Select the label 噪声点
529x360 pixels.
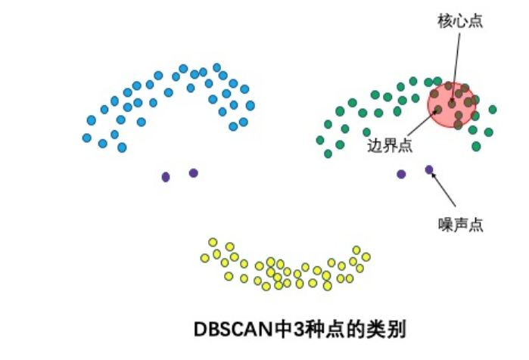pos(461,224)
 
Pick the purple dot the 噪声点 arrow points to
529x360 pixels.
pos(429,169)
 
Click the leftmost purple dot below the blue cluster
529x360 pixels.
pos(166,176)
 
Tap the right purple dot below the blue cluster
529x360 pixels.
pos(194,172)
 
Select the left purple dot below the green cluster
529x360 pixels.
pos(401,174)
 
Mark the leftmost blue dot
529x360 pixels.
pos(87,138)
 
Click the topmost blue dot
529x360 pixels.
pos(183,68)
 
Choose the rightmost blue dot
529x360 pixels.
pos(250,105)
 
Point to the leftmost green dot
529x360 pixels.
pos(320,140)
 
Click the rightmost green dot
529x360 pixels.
pos(493,110)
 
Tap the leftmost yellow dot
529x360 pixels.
pos(204,258)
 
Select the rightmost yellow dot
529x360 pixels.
pos(366,256)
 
